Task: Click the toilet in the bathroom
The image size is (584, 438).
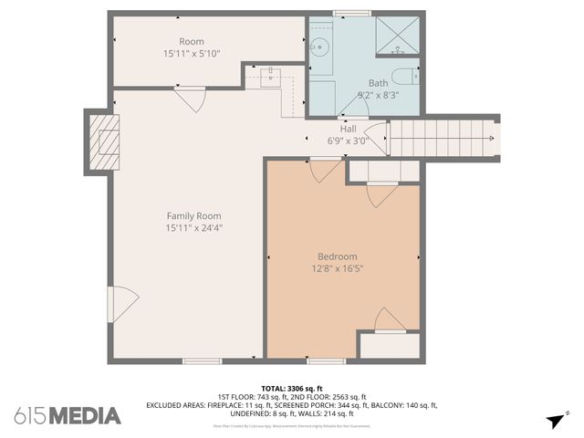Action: (401, 77)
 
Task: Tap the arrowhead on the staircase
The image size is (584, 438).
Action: (491, 139)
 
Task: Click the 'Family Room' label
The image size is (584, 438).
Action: (193, 216)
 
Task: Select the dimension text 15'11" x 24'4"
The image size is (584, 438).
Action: (193, 228)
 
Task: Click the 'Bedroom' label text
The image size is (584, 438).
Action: (338, 256)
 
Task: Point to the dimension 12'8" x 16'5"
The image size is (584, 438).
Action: (338, 268)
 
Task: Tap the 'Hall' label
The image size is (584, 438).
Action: (348, 129)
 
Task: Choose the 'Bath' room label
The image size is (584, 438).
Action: (378, 83)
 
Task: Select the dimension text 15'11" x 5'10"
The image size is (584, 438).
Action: (191, 54)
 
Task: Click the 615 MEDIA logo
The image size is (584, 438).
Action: (68, 416)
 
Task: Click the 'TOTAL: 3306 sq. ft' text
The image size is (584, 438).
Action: (291, 388)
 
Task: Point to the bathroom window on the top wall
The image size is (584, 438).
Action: (351, 14)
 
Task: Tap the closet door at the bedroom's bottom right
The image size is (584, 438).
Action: (390, 320)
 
